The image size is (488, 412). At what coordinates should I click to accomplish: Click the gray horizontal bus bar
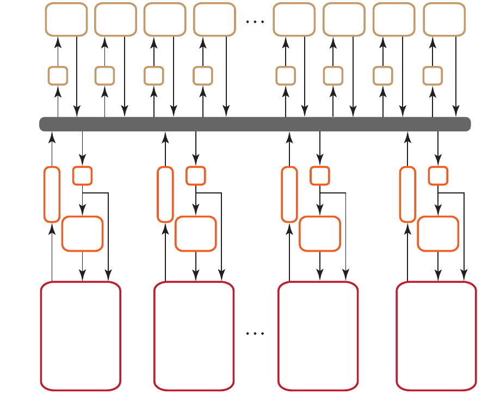[255, 124]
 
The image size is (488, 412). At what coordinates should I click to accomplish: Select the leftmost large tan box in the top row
[66, 20]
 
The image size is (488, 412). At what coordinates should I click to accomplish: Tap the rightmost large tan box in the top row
[444, 20]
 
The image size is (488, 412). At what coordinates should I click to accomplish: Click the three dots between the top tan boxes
[255, 22]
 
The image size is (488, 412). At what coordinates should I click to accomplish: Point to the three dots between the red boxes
[255, 333]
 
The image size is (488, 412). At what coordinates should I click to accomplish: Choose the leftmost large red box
[81, 336]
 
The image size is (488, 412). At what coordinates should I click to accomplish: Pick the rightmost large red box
[436, 336]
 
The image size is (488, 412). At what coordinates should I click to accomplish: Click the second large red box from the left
[194, 336]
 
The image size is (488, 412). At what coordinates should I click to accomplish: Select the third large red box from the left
[318, 336]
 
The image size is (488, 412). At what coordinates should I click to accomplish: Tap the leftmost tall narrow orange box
[52, 195]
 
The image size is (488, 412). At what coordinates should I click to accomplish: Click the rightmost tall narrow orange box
[407, 195]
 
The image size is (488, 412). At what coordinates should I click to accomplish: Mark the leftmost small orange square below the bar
[82, 176]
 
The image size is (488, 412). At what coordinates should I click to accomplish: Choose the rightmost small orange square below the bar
[438, 176]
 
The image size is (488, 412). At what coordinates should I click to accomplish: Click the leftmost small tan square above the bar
[58, 76]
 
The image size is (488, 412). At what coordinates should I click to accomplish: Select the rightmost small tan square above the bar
[433, 76]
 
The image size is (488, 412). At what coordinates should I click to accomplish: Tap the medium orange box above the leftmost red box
[82, 234]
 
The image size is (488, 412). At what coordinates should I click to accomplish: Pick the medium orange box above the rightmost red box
[438, 234]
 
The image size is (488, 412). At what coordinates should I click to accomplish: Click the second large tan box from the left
[115, 20]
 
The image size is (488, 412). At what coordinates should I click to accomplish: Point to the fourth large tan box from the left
[214, 20]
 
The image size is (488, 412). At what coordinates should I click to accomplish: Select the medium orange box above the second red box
[196, 234]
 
